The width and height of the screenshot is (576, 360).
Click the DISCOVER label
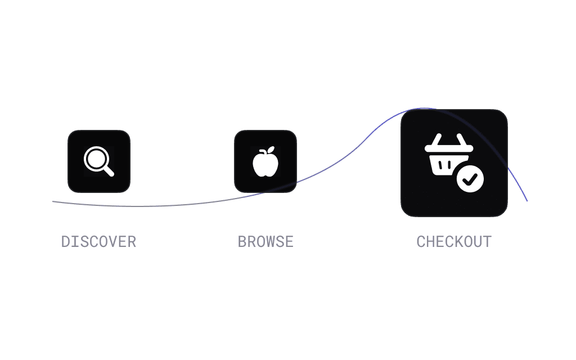(98, 242)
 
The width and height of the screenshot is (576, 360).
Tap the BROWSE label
(265, 242)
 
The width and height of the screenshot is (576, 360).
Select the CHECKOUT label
(454, 242)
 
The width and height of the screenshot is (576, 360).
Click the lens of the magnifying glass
(96, 159)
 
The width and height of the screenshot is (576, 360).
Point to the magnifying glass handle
(109, 171)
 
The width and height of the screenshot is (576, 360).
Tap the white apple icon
(265, 164)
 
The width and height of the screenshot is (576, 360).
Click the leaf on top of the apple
(270, 150)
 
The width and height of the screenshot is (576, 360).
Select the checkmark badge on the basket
(470, 179)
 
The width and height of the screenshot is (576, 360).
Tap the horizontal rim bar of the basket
(449, 148)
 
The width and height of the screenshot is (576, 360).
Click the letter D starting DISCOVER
(65, 242)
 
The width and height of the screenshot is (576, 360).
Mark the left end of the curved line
(53, 201)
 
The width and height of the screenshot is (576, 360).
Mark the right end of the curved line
(527, 200)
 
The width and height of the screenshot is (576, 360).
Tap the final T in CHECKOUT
(488, 242)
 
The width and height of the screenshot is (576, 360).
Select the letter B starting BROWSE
(242, 242)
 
